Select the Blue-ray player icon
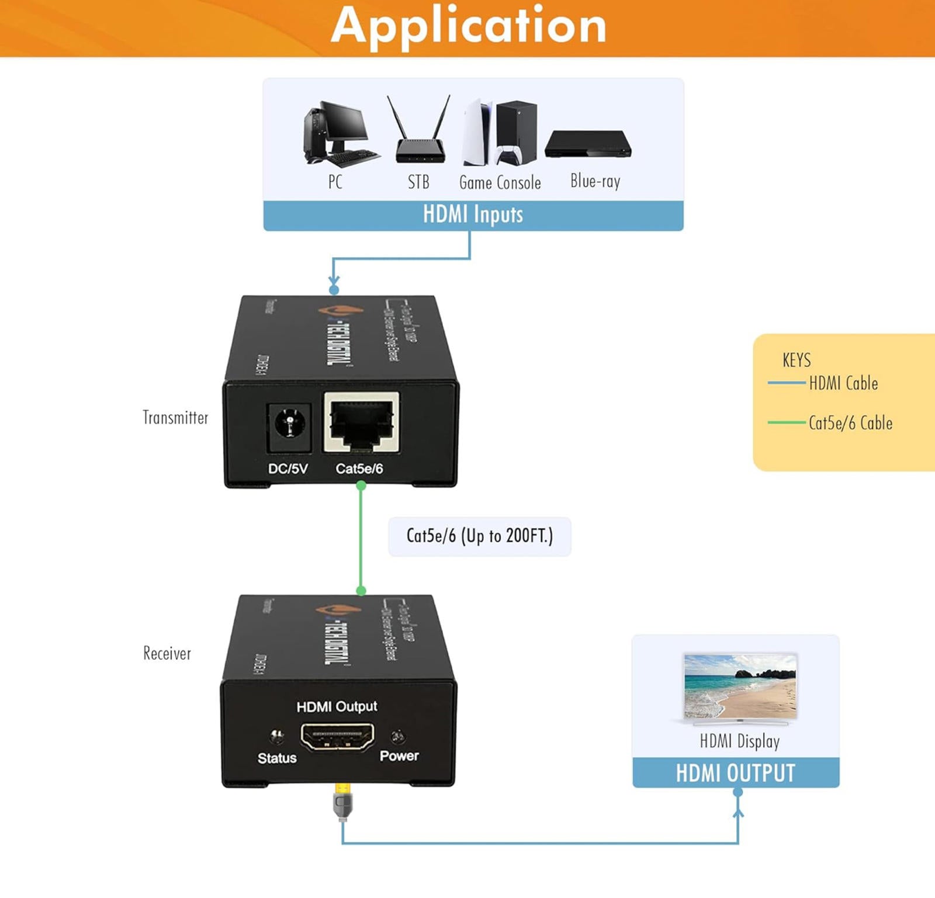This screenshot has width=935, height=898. [x=587, y=144]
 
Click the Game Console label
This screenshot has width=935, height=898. [x=500, y=183]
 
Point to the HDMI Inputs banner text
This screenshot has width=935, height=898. [x=473, y=215]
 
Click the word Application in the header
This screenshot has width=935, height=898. [x=469, y=26]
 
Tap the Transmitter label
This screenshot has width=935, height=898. [x=175, y=418]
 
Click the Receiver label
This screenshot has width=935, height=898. [x=167, y=653]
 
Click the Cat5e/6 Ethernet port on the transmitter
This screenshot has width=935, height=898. [x=362, y=422]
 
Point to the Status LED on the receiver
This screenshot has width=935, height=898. [x=277, y=736]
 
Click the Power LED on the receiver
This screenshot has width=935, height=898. [x=398, y=736]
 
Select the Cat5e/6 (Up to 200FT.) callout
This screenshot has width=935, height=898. [x=479, y=536]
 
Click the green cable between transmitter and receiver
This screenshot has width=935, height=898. [x=361, y=538]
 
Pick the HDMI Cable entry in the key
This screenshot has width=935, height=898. [x=843, y=383]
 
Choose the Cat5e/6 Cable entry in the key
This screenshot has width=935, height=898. [x=850, y=423]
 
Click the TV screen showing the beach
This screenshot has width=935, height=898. [x=740, y=686]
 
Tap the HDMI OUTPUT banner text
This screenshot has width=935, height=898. [x=735, y=773]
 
